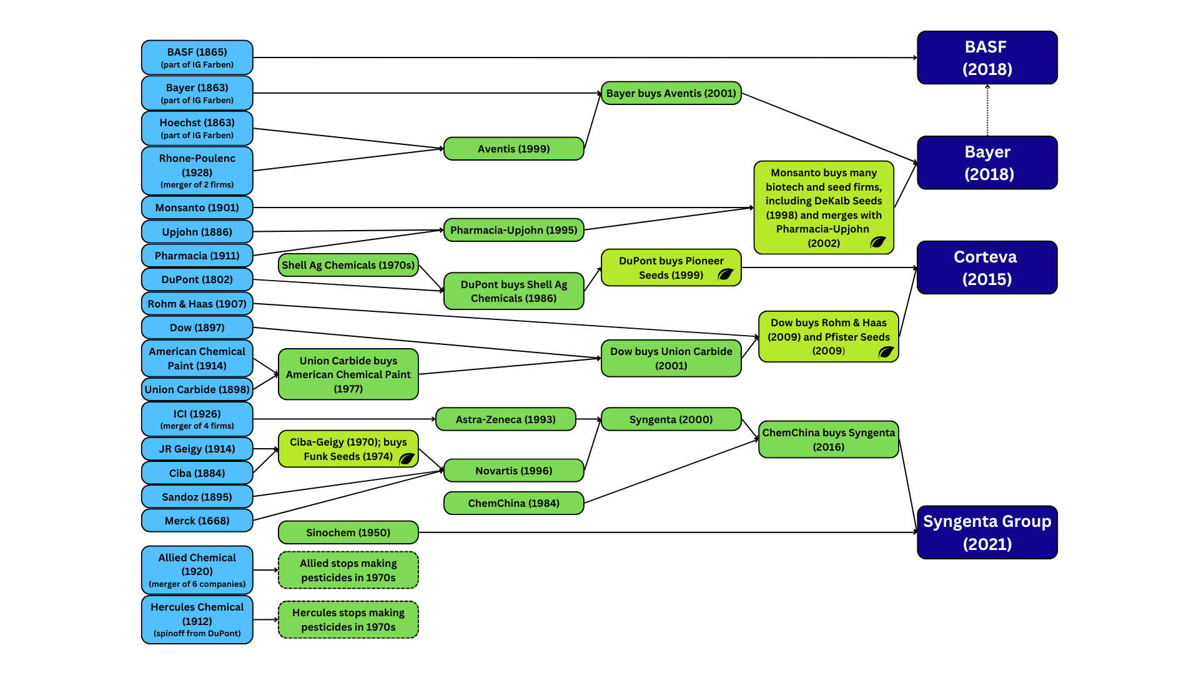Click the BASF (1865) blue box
coord(197,57)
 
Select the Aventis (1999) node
coord(513,149)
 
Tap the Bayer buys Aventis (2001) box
coord(671,93)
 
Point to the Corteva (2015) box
coord(987,267)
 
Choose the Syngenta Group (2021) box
coord(987,532)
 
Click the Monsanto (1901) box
coord(197,207)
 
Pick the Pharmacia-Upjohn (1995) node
coord(513,230)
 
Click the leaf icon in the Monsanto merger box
coord(878,242)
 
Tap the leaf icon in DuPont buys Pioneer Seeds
coord(725,274)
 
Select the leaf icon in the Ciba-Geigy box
coord(407,459)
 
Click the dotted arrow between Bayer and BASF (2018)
coord(987,110)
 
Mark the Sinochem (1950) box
coord(348,532)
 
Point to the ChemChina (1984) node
coord(513,503)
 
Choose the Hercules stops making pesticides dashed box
coord(348,619)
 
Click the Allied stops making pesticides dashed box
coord(348,570)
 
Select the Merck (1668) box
coord(197,521)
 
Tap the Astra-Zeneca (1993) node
coord(505,419)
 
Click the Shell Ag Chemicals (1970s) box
coord(348,265)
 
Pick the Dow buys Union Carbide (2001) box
coord(671,358)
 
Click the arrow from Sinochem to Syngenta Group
coord(668,532)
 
